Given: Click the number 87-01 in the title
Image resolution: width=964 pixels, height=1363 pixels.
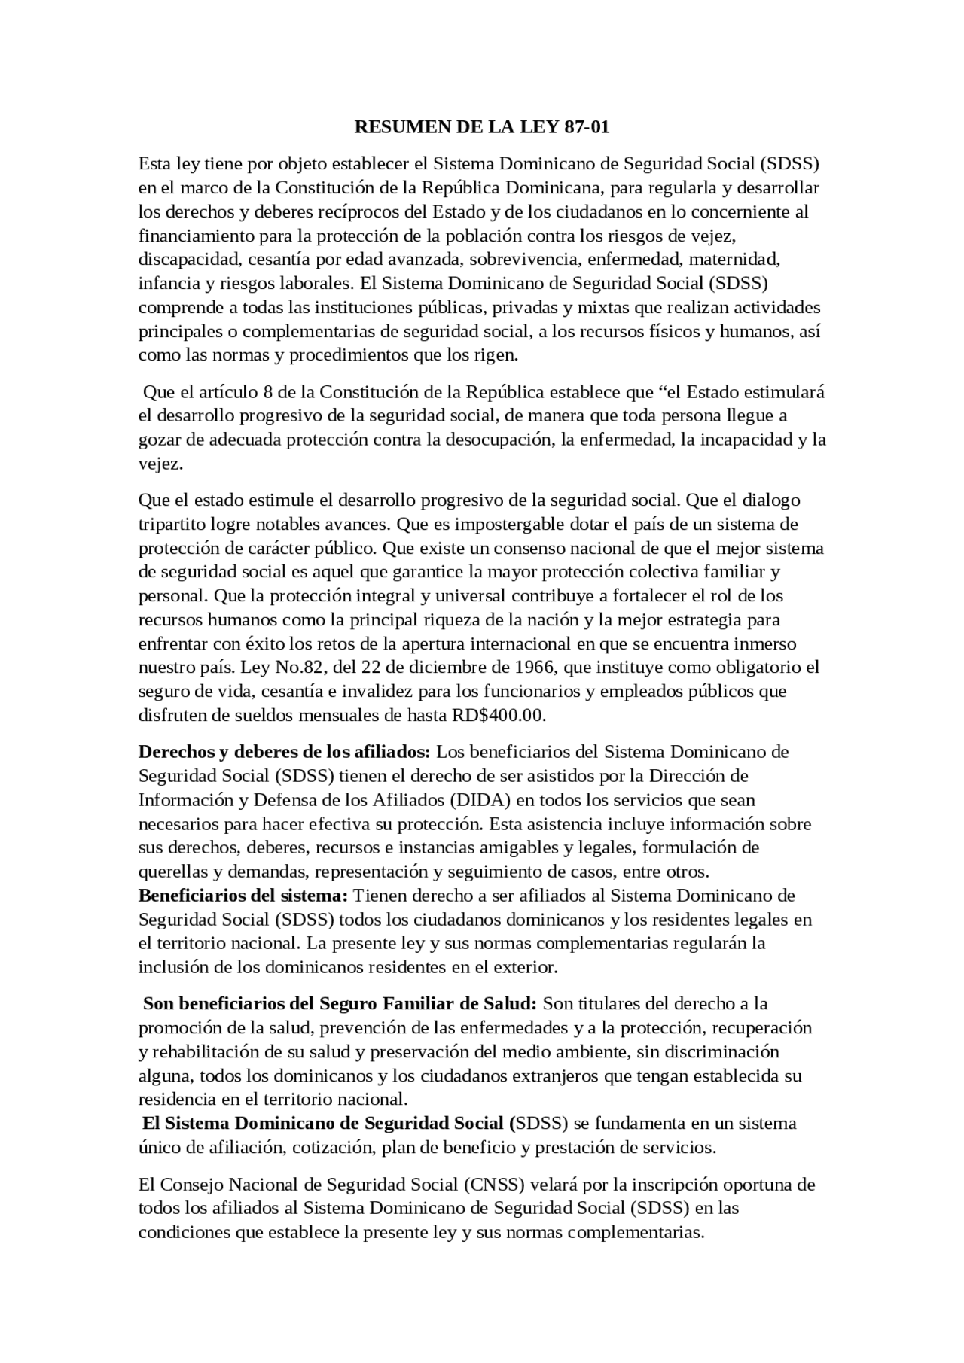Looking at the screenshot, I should pyautogui.click(x=586, y=127).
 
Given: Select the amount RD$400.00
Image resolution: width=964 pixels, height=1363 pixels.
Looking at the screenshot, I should pyautogui.click(x=499, y=715).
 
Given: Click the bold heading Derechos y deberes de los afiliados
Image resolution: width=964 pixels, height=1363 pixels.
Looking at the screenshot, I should pyautogui.click(x=284, y=751).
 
